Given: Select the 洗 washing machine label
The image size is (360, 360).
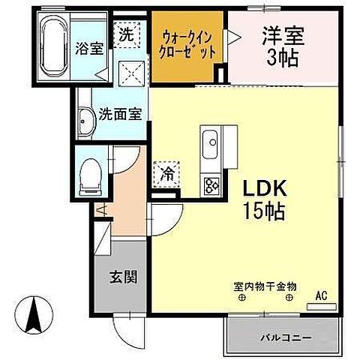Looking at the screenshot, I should coord(127,34).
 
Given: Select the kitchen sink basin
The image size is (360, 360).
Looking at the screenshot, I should coord(210,141).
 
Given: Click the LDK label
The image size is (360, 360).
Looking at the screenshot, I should coord(262,187).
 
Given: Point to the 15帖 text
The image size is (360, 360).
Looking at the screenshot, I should coord(262,211).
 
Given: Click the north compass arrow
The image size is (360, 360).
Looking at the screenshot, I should coord(32,314).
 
